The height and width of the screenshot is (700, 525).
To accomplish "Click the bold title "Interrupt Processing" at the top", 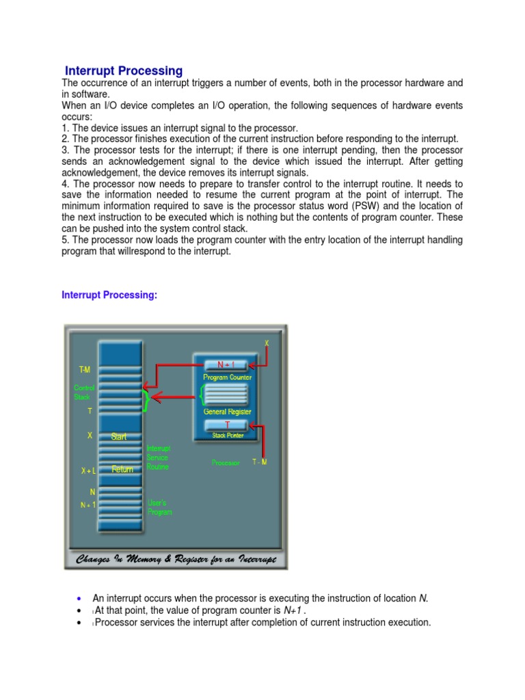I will (x=124, y=70).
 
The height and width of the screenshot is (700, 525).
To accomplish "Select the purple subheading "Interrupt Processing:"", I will (x=109, y=295).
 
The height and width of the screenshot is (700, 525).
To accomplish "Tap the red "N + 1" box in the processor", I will (x=225, y=364).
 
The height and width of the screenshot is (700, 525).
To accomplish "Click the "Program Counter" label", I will (x=227, y=377).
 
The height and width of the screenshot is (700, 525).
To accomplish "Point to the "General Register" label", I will (x=227, y=412).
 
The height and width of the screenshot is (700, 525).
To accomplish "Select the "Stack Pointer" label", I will (x=228, y=435).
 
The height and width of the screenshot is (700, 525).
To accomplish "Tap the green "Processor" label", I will (x=226, y=463).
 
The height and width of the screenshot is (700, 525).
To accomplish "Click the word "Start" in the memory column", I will (x=119, y=437).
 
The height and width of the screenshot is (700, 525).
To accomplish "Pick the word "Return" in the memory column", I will (x=122, y=470).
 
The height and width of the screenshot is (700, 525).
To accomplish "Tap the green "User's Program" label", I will (x=160, y=507).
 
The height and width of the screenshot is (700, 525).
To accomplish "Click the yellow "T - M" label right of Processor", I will (x=259, y=462).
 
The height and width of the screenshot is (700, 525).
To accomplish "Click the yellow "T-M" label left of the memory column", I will (x=85, y=369).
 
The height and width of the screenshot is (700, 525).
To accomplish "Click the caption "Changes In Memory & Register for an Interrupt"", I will (x=176, y=560).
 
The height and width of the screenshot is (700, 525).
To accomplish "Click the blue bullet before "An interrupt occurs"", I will (x=80, y=599).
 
